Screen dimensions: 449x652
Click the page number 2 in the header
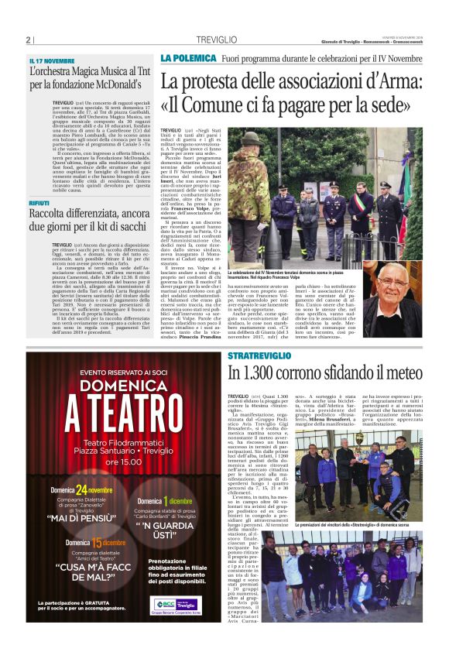pyautogui.click(x=28, y=40)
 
